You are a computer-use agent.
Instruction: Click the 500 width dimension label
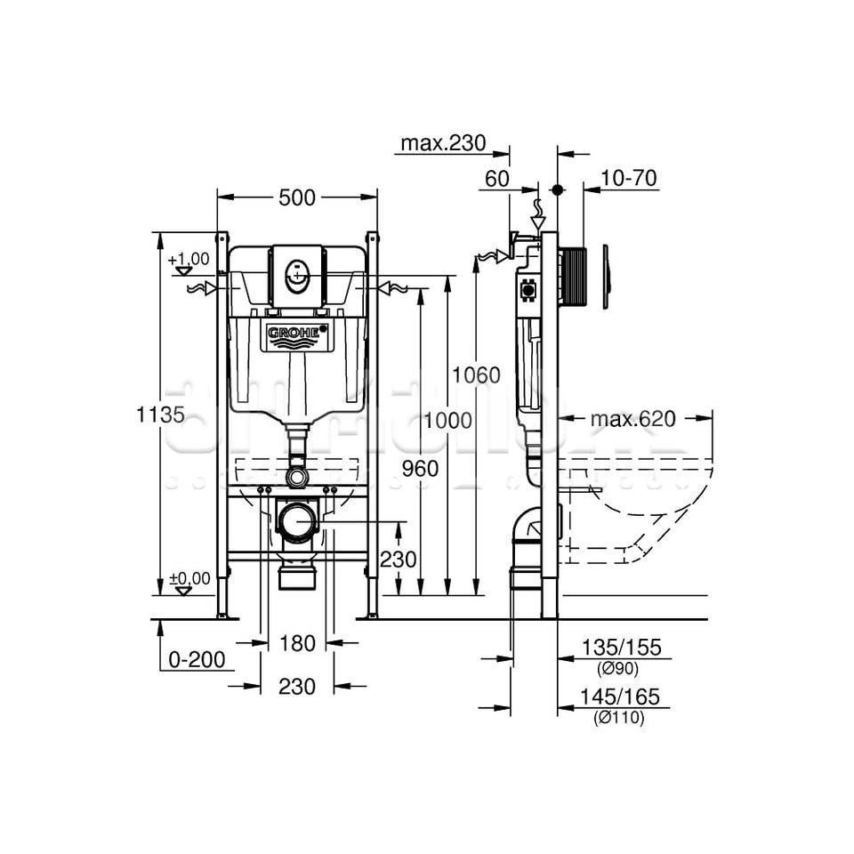(297, 197)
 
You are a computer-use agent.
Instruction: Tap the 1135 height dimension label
(161, 414)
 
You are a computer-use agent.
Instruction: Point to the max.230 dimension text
(442, 143)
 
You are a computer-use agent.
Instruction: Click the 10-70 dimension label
(628, 178)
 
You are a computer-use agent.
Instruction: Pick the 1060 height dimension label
(476, 375)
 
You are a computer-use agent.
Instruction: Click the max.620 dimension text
(632, 418)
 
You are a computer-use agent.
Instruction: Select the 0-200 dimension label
(197, 659)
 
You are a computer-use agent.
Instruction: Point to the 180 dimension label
(297, 643)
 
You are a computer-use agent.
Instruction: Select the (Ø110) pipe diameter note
(618, 718)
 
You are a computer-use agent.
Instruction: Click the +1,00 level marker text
(188, 259)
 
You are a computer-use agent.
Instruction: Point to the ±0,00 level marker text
(189, 578)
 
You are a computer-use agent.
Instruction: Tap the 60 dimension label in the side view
(496, 178)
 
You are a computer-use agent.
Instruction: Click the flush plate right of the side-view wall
(606, 276)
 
